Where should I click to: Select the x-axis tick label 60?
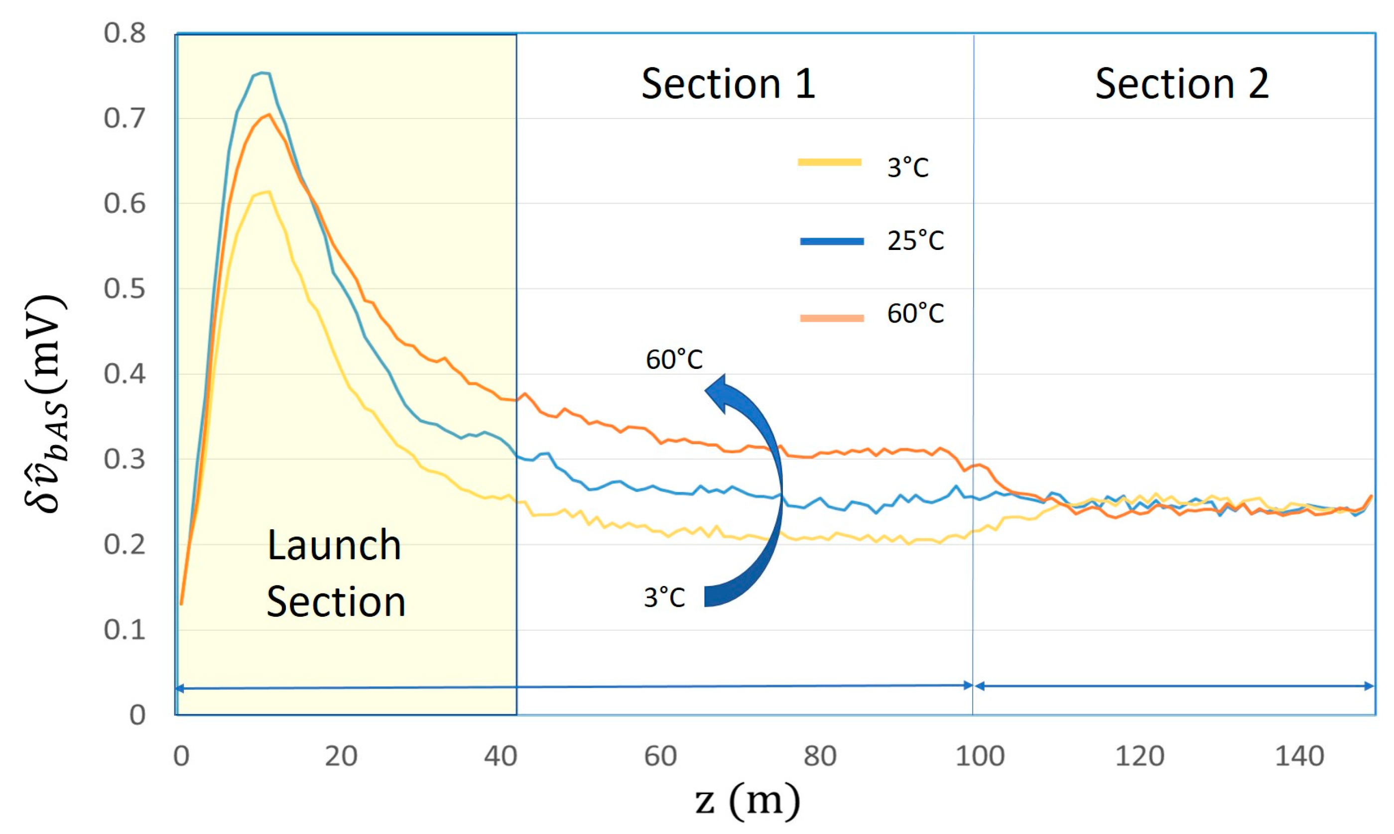(x=660, y=756)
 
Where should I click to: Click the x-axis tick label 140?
(x=1299, y=756)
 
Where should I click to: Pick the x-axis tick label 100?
(x=980, y=756)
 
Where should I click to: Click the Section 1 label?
(x=728, y=84)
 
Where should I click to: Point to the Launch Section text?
(x=336, y=573)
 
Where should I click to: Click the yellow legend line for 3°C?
(x=830, y=162)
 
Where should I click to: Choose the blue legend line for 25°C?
(x=832, y=241)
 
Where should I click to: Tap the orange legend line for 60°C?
(x=832, y=318)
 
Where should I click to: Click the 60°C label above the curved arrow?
(x=674, y=359)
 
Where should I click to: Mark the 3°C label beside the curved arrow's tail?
(x=664, y=597)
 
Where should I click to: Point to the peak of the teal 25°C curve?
(x=262, y=73)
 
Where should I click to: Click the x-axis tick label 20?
(x=341, y=756)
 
